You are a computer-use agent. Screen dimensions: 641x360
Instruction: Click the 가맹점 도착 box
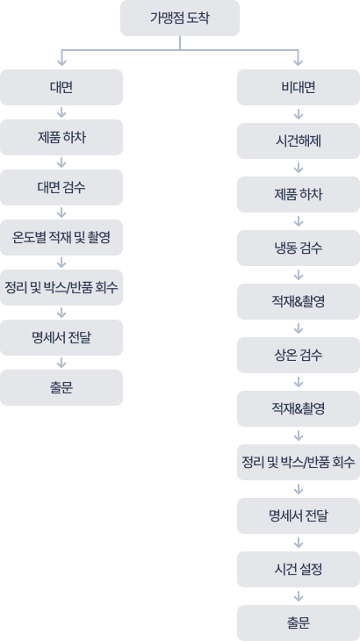coord(180,18)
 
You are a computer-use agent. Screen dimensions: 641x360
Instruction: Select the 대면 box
coord(61,87)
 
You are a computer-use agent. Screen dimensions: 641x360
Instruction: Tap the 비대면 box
coord(299,87)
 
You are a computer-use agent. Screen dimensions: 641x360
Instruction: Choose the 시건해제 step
coord(299,140)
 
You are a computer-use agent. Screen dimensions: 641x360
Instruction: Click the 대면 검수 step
coord(61,187)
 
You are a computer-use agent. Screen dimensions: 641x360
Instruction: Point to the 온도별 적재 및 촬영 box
coord(61,237)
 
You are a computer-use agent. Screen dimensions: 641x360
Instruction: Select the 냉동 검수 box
coord(299,248)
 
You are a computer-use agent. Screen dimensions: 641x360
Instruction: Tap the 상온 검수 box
coord(299,356)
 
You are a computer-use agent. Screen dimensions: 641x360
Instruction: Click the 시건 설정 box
coord(299,569)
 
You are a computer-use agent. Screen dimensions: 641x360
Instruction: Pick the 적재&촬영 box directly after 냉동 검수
coord(299,302)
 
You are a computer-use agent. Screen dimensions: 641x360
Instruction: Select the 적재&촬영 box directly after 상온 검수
coord(299,409)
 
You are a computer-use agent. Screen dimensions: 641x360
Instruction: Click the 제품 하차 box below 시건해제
coord(299,194)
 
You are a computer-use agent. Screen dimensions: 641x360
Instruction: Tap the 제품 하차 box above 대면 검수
coord(61,137)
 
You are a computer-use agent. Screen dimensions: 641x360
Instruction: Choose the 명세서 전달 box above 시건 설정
coord(299,515)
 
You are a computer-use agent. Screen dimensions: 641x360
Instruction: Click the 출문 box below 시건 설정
coord(299,623)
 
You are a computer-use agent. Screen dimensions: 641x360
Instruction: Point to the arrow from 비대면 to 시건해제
coord(299,114)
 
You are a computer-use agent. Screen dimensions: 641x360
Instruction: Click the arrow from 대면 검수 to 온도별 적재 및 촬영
coord(61,212)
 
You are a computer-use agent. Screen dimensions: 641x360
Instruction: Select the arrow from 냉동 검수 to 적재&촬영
coord(299,276)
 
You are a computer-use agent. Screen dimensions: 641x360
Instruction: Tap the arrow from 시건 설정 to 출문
coord(299,596)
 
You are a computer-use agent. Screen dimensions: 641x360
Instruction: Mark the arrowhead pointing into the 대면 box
coord(61,61)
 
